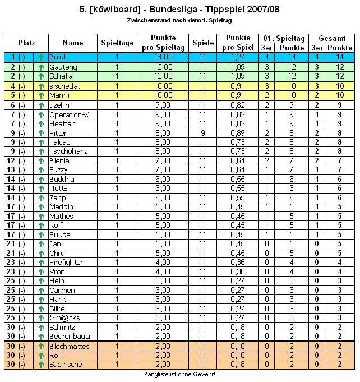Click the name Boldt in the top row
58,57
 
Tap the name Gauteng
62,67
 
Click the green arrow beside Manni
41,95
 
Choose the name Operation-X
69,114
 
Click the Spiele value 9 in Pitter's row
202,133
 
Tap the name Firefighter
66,261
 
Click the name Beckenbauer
70,336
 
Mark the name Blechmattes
70,346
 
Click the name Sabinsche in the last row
66,365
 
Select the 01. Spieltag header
283,38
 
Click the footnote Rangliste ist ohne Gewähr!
179,374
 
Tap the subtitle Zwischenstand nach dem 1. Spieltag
179,20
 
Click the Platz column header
26,43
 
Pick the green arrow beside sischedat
41,86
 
